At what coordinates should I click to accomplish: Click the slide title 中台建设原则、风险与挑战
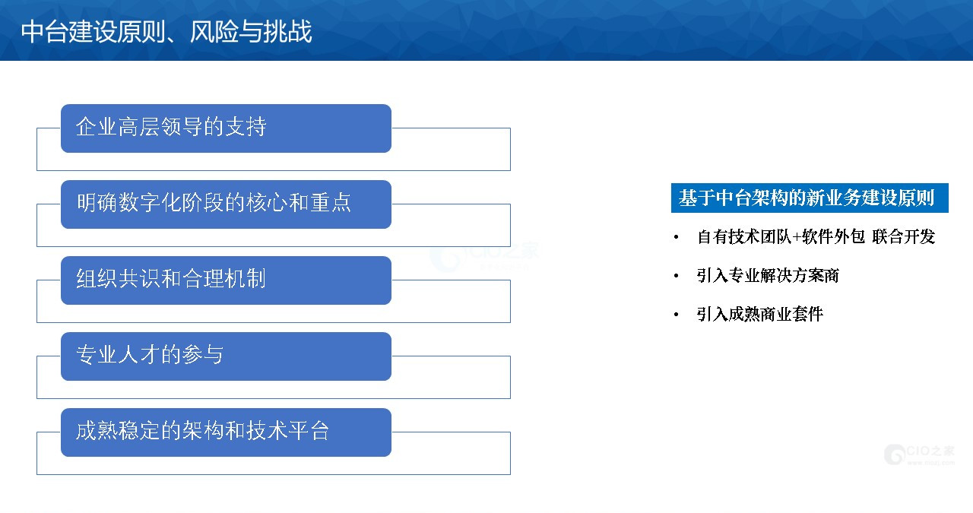pyautogui.click(x=166, y=31)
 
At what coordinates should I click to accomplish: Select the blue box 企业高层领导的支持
pyautogui.click(x=226, y=128)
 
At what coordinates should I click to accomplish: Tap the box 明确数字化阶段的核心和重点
pyautogui.click(x=226, y=204)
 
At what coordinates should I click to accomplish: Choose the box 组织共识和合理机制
pyautogui.click(x=226, y=280)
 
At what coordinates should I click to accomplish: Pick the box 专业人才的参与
pyautogui.click(x=226, y=356)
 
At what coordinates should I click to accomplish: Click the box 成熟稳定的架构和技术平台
pyautogui.click(x=226, y=432)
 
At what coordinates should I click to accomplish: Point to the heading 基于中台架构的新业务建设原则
pyautogui.click(x=810, y=198)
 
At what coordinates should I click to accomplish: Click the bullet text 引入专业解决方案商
pyautogui.click(x=768, y=275)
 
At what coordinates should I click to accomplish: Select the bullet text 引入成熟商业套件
pyautogui.click(x=760, y=314)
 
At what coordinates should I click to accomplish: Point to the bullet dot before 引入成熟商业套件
pyautogui.click(x=677, y=315)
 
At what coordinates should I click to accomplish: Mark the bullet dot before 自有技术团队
pyautogui.click(x=677, y=237)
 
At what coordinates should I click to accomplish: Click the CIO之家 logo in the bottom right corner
pyautogui.click(x=920, y=454)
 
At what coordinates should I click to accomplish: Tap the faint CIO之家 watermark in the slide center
pyautogui.click(x=484, y=256)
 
